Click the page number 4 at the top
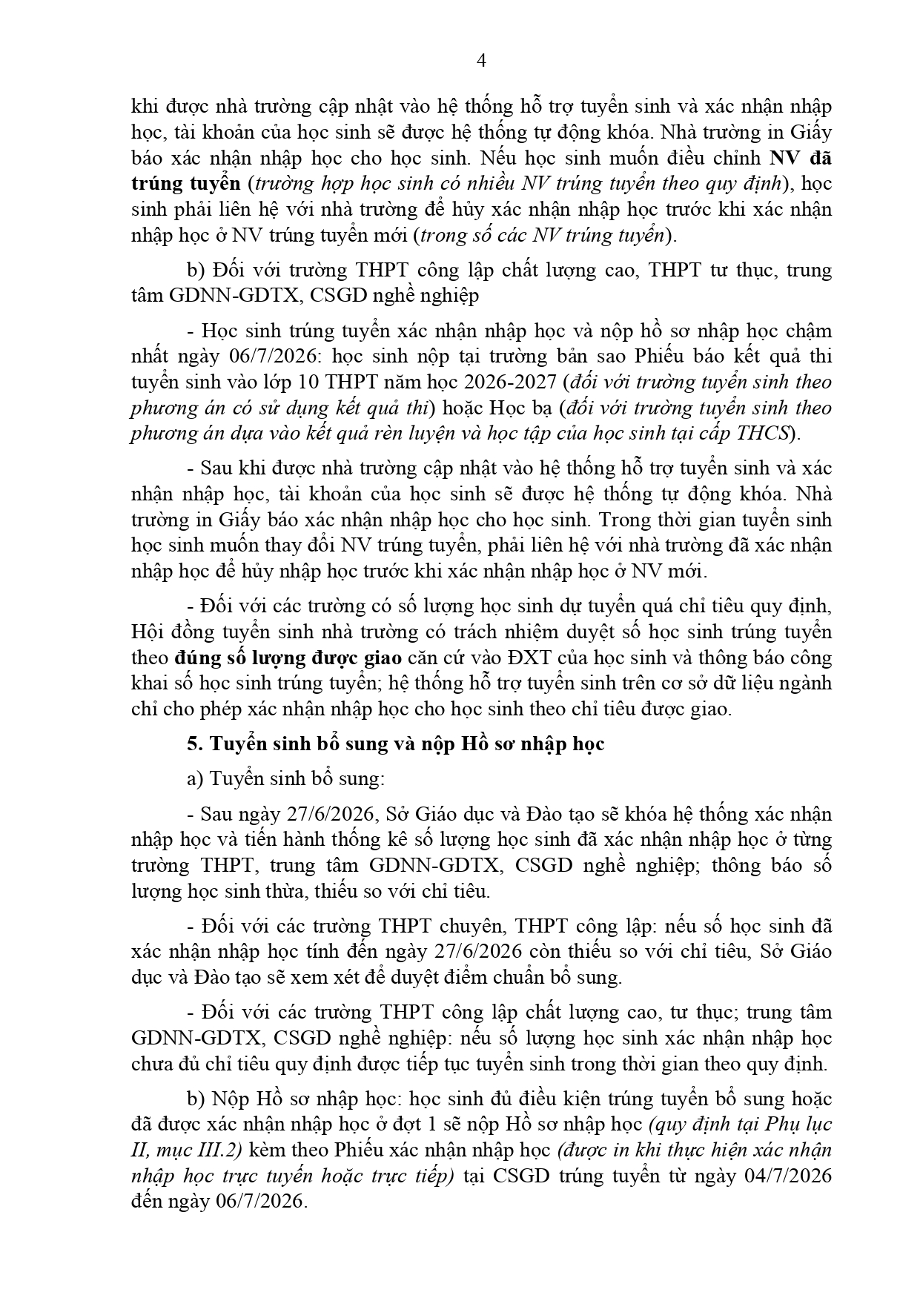pyautogui.click(x=481, y=62)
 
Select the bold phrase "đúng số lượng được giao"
pyautogui.click(x=288, y=658)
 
